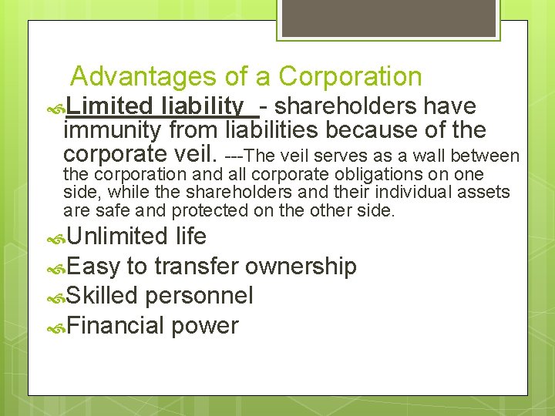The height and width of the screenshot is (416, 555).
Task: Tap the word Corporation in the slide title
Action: point(350,77)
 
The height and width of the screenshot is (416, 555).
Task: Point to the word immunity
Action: point(114,130)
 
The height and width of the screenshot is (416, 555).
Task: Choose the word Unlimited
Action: point(116,237)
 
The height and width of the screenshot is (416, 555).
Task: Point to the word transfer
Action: point(196,267)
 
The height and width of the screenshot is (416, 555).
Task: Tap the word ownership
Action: point(301,267)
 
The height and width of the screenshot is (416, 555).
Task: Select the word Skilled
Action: point(102,296)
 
